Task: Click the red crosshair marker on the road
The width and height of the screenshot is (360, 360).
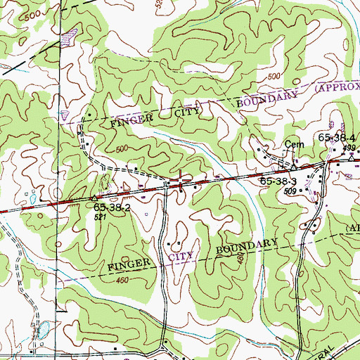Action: (x=181, y=181)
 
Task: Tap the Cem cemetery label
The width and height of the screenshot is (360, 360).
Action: (x=292, y=148)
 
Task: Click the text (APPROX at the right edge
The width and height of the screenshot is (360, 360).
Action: (x=336, y=87)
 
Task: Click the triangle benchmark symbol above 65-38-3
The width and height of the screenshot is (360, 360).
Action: (x=288, y=168)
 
